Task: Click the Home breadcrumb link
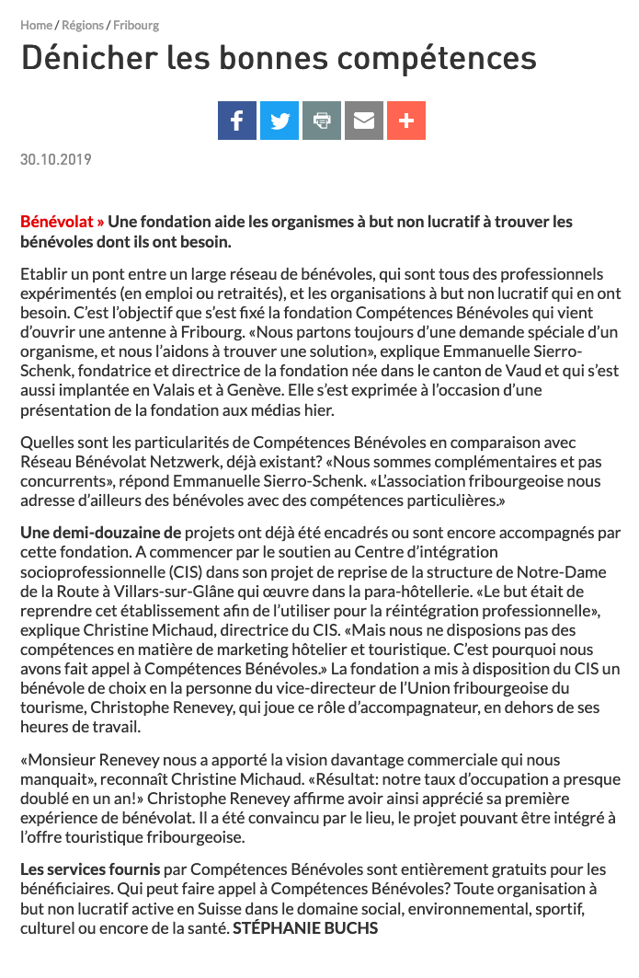coord(36,26)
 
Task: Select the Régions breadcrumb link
coord(83,26)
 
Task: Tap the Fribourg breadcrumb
coord(136,26)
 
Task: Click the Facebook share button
coord(237,121)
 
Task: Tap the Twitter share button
coord(280,121)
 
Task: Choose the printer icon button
coord(322,121)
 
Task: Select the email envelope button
coord(364,121)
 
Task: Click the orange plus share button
coord(406,121)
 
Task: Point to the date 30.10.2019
coord(56,160)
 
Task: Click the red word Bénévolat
coord(58,222)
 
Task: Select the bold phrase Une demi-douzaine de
coord(101,532)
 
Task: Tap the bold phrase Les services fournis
coord(90,869)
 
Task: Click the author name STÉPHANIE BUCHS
coord(305,929)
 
